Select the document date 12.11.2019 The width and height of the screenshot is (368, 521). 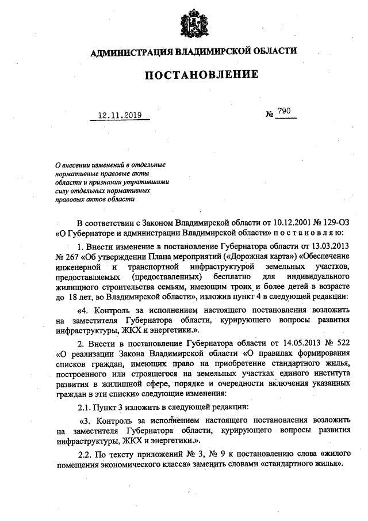pos(120,115)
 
